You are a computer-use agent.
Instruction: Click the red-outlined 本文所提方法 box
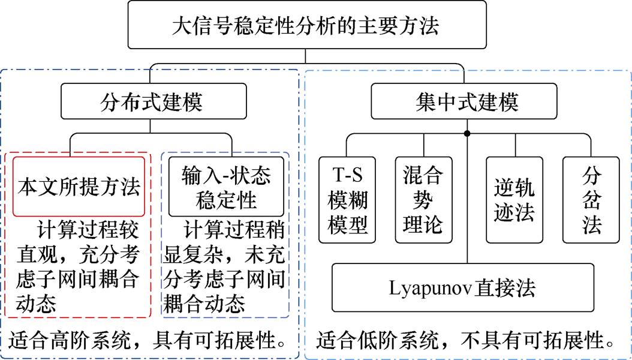79,186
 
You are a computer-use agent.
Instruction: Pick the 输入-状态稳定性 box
227,186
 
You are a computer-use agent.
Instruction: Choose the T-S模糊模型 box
347,200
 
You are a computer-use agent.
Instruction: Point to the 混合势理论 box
423,200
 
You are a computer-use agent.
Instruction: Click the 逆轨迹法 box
514,200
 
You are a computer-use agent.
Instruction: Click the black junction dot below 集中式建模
467,133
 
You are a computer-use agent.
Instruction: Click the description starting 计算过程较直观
79,268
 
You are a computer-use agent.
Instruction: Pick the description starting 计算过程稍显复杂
225,268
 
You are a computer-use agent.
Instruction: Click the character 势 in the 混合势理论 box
423,200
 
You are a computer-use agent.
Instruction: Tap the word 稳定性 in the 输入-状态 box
227,198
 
